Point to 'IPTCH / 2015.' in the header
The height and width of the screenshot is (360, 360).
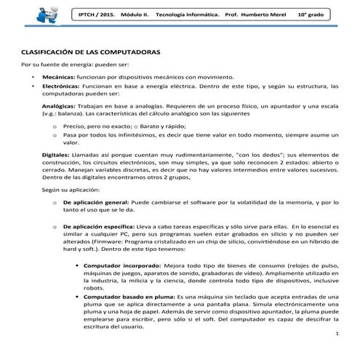pyautogui.click(x=100, y=16)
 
